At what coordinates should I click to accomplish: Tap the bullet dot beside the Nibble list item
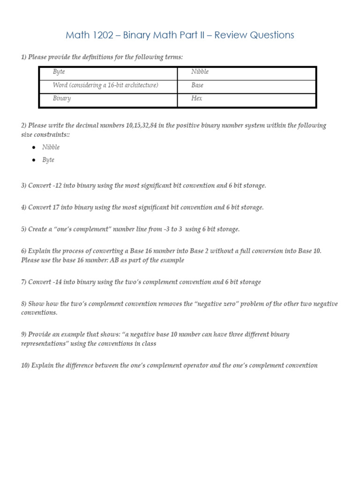tap(34, 147)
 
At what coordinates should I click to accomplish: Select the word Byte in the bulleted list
tap(48, 160)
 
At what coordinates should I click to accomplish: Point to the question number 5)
tap(24, 229)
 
